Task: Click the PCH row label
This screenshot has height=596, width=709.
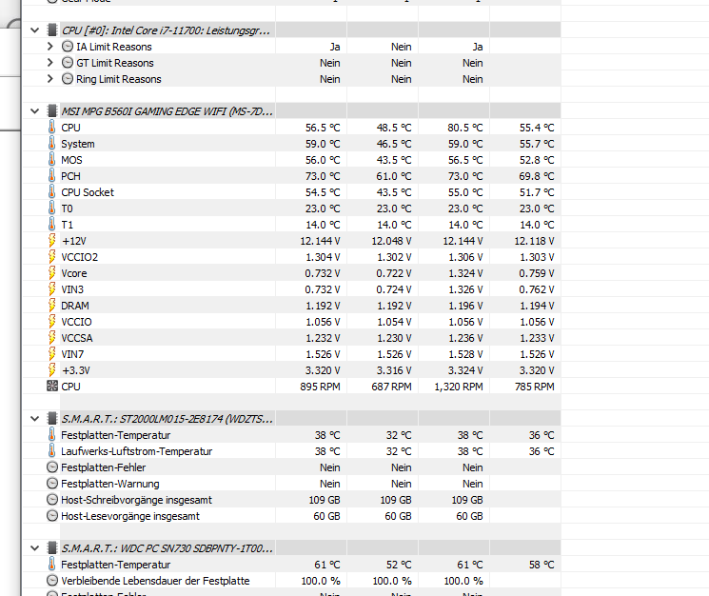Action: pos(70,176)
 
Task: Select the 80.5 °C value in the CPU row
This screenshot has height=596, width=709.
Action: pos(463,128)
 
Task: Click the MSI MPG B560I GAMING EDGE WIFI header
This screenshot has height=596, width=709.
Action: pos(167,111)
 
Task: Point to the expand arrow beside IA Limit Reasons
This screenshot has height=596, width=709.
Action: pos(50,47)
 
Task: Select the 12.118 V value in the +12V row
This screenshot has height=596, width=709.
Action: pos(534,241)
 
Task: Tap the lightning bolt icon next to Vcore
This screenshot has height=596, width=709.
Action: pos(51,273)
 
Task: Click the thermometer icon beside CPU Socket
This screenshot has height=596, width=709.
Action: pos(51,192)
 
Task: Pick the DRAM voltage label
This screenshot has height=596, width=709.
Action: pos(75,306)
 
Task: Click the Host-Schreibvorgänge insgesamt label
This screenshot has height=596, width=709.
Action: pos(136,500)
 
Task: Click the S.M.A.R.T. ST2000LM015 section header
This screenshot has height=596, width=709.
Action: pos(167,419)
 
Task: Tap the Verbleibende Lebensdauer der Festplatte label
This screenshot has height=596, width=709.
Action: pos(155,581)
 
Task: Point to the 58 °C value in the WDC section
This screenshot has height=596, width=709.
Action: pos(542,565)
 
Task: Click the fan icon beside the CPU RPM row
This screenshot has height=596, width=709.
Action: pos(51,387)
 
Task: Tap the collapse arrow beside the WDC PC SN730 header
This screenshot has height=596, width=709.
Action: pos(36,548)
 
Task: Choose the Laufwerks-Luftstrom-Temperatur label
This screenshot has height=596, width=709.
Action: pos(136,451)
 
